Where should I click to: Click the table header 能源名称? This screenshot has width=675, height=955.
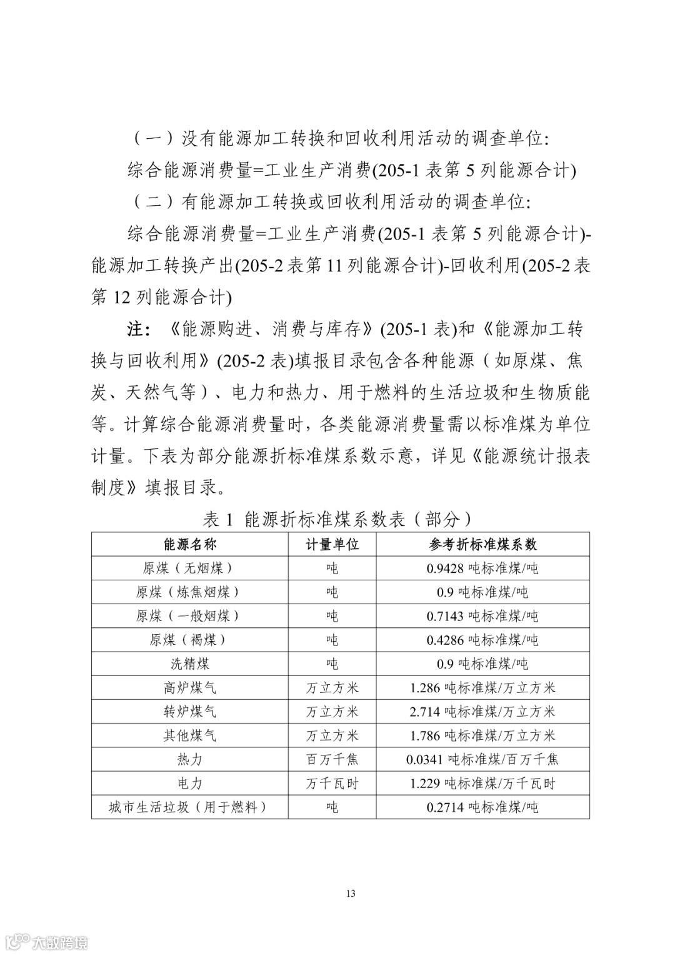(189, 544)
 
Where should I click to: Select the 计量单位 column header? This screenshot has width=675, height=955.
(332, 544)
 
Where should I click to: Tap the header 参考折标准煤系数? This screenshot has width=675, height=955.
(482, 544)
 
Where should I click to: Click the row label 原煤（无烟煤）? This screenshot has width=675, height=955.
(189, 568)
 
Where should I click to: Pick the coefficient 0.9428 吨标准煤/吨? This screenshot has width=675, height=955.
(482, 568)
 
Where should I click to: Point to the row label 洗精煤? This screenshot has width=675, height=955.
(189, 664)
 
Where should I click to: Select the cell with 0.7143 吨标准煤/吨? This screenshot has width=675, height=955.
(482, 616)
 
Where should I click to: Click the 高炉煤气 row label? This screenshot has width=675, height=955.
(189, 687)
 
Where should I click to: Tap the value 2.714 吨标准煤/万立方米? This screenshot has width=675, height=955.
(482, 711)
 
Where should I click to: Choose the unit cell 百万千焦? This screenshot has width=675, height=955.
(332, 759)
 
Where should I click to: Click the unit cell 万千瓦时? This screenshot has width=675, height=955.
(332, 783)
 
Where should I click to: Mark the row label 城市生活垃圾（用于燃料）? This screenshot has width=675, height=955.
(189, 807)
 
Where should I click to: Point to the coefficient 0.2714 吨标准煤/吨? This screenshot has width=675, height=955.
(482, 807)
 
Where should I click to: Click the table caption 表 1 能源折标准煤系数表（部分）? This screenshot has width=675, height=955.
(337, 518)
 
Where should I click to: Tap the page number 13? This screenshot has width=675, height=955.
(351, 893)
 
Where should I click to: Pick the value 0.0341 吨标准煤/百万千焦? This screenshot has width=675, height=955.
(482, 759)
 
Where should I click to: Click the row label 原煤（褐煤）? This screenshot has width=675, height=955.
(189, 640)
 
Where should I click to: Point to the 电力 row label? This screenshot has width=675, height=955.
(189, 783)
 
